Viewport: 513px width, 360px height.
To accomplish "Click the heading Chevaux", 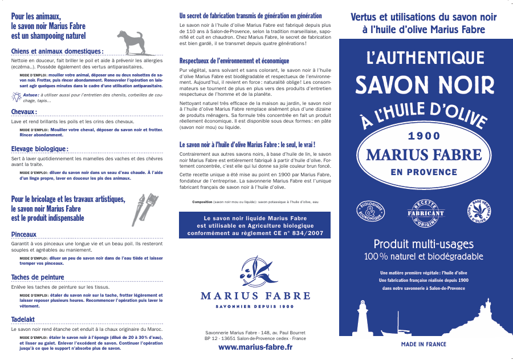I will point(24,112).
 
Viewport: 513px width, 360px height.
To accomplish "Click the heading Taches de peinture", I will point(38,278).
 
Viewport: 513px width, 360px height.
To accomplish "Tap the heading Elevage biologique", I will point(39,149).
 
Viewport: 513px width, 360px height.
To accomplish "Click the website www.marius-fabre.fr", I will point(255,347).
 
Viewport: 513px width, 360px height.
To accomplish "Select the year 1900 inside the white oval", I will point(425,136).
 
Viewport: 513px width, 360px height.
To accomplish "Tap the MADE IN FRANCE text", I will point(424,345).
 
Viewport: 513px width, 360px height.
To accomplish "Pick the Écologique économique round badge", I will point(370,213).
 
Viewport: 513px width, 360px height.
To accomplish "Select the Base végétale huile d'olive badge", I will point(480,212).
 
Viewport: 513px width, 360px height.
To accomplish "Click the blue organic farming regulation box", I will point(255,225).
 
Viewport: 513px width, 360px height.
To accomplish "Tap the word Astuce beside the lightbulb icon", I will point(30,96).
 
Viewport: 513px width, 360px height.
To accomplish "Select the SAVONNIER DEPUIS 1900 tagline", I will point(255,307).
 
